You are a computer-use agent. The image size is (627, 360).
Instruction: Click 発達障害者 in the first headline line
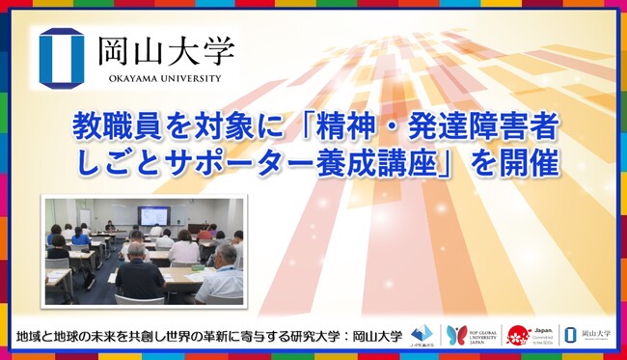(492, 125)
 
